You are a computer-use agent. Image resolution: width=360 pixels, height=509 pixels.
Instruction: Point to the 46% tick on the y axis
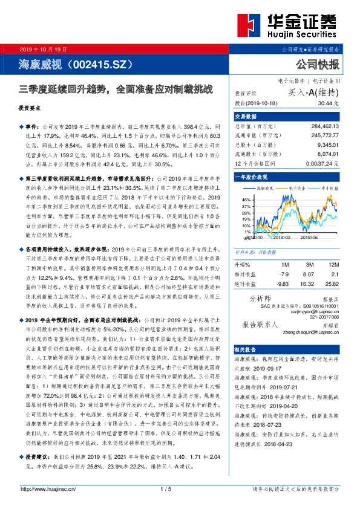click(x=246, y=199)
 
